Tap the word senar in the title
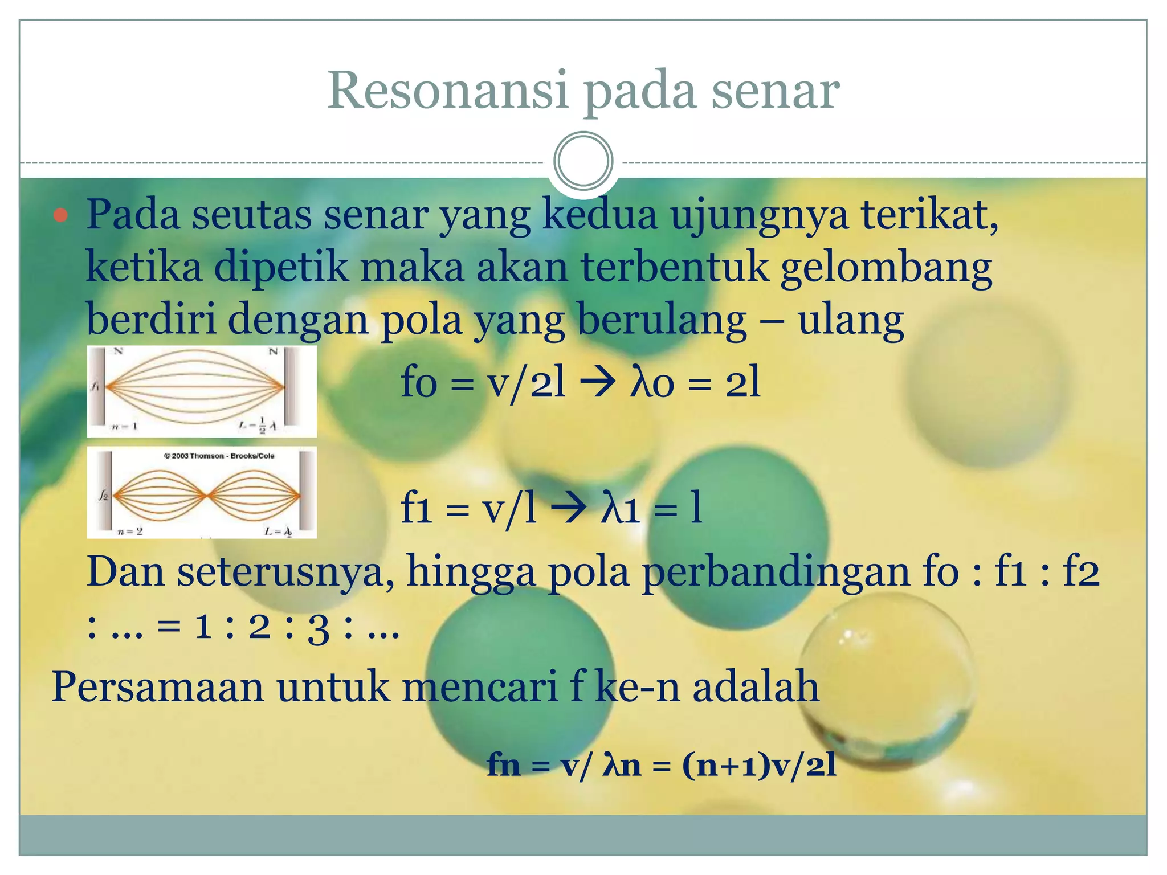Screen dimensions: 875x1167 [774, 91]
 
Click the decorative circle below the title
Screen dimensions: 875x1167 [583, 161]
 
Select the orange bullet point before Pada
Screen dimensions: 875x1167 [60, 216]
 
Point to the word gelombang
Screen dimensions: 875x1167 [886, 268]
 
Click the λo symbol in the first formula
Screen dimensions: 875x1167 [652, 383]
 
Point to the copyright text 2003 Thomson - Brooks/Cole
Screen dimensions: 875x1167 [219, 456]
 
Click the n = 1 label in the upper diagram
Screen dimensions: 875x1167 [124, 426]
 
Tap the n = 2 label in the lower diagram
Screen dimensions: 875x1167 [130, 531]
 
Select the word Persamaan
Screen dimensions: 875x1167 [157, 687]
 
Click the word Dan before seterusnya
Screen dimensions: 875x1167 [125, 572]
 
